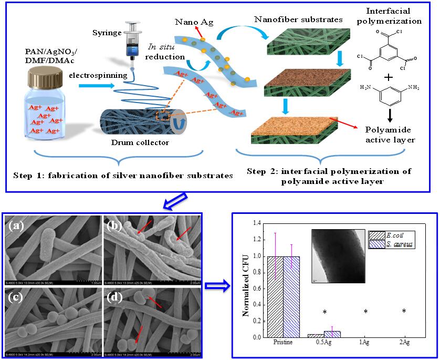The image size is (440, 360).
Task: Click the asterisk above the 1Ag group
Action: pos(364,312)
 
